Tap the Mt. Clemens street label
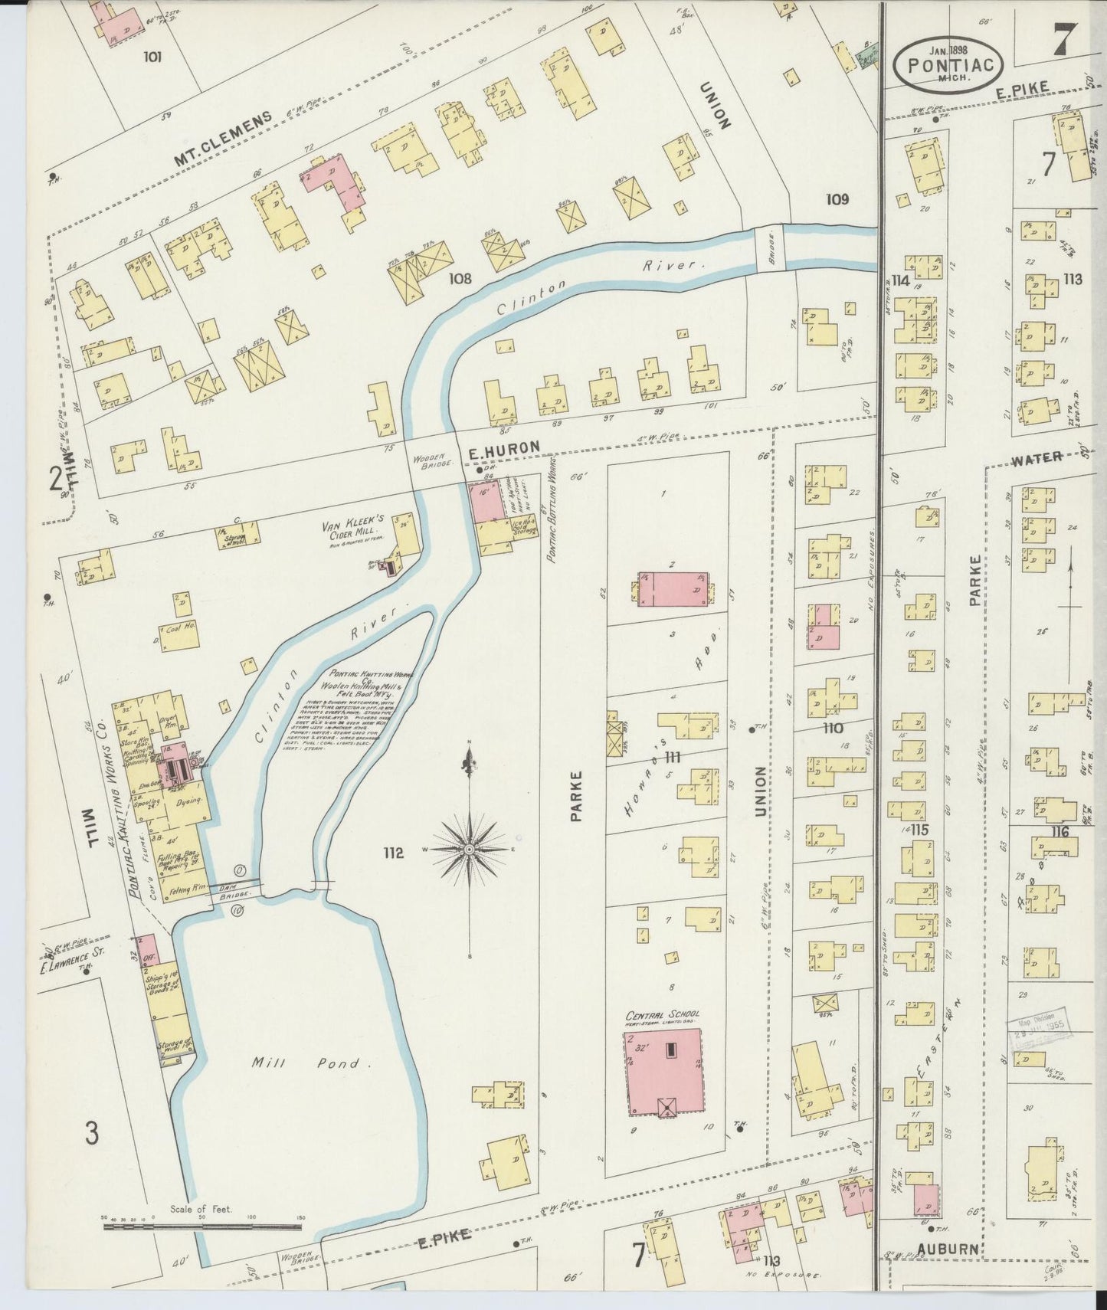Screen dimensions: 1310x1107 click(x=223, y=139)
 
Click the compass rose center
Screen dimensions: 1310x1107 click(x=469, y=850)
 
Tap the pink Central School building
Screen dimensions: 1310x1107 click(x=664, y=1071)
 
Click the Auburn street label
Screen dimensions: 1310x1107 click(x=948, y=1249)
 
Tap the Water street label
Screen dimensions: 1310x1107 click(x=1036, y=458)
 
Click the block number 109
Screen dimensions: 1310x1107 click(x=837, y=200)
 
